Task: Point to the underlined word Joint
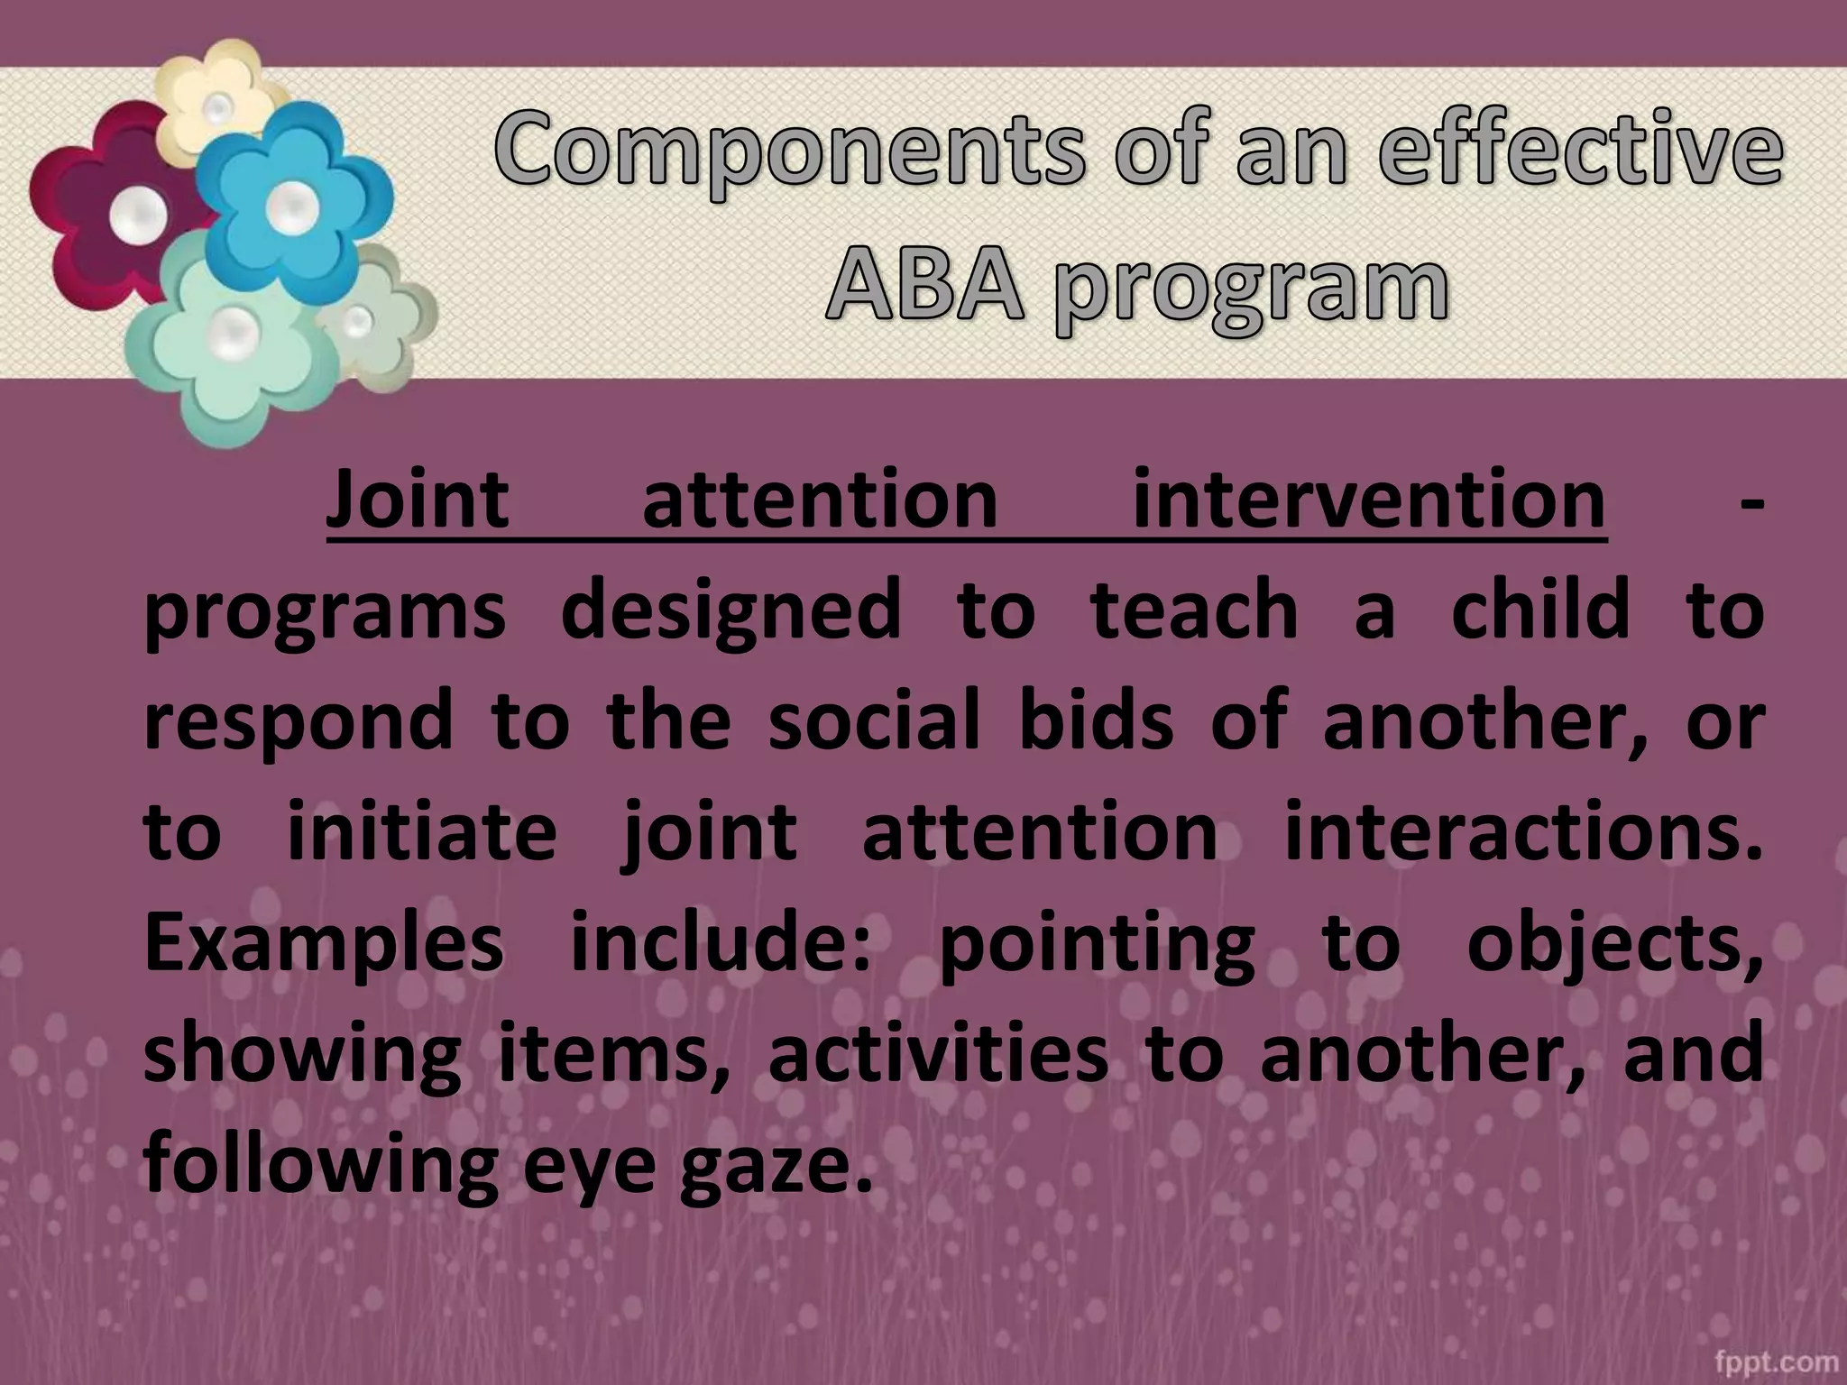(x=418, y=500)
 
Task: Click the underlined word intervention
(x=1368, y=500)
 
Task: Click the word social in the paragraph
(x=873, y=720)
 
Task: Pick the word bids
(x=1096, y=720)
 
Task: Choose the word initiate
(x=422, y=830)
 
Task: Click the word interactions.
(x=1522, y=830)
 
